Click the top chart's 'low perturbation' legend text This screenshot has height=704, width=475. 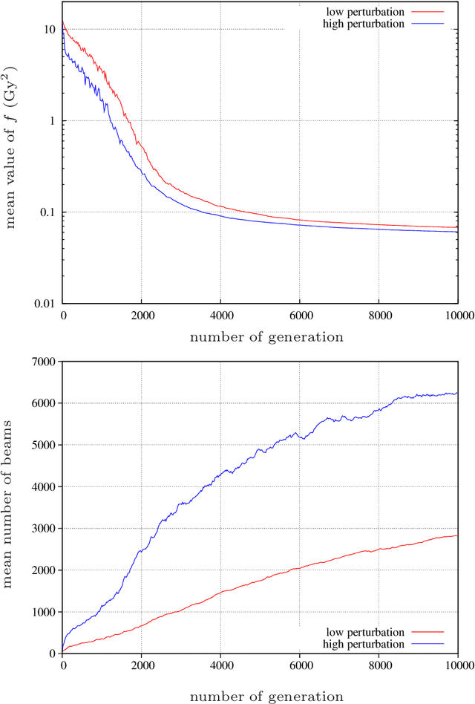tap(366, 12)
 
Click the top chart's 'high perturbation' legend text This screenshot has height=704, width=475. tap(364, 24)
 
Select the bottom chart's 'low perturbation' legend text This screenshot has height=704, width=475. tap(366, 633)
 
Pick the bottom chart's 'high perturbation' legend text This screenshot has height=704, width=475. tap(364, 644)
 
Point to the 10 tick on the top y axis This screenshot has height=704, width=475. tap(50, 30)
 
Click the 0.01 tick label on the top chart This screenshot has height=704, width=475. tap(45, 304)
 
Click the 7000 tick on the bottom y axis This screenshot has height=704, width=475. tap(45, 362)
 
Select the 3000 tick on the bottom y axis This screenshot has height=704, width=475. tap(45, 529)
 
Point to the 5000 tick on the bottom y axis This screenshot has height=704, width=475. tap(45, 445)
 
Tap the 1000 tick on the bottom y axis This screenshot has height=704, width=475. tap(45, 612)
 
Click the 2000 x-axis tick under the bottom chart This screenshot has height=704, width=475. tap(142, 665)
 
